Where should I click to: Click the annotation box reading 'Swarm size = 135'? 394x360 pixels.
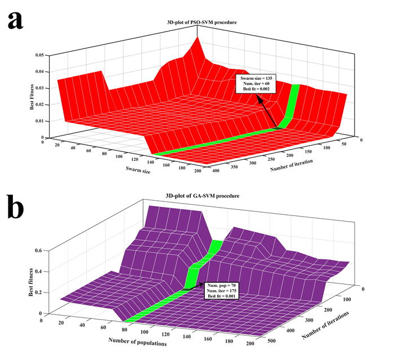(x=258, y=84)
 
